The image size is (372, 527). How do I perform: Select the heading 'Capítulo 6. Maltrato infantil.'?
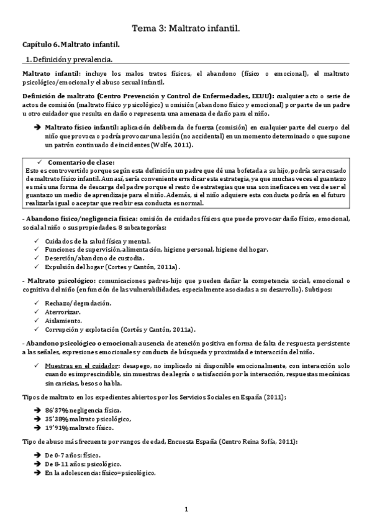[x=71, y=45]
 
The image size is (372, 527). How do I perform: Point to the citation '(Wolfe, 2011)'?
[x=171, y=145]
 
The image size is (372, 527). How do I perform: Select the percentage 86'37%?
[x=58, y=411]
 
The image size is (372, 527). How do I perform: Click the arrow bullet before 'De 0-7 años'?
[x=38, y=456]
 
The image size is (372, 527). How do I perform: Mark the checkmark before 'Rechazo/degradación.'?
[x=38, y=303]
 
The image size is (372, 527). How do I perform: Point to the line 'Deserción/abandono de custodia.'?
[x=95, y=258]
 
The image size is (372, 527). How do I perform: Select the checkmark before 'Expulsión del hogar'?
[x=38, y=267]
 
